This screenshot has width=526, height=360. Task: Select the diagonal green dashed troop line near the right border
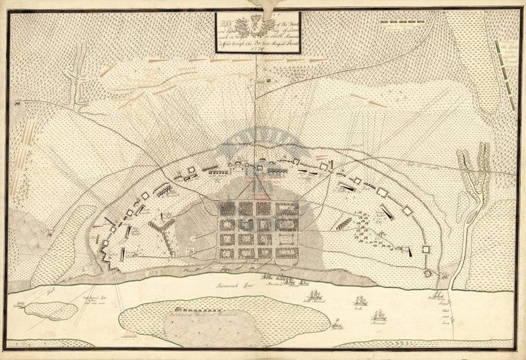click(x=506, y=62)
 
